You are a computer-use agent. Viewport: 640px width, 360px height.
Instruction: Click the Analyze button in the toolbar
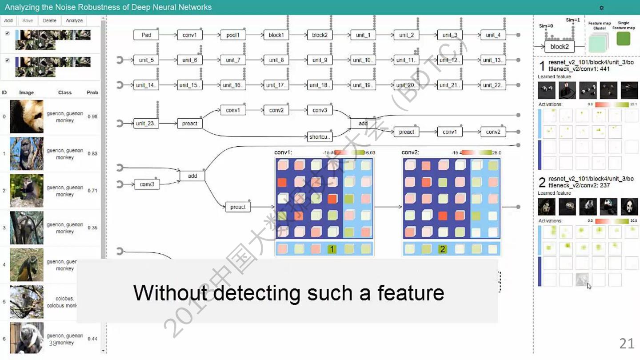74,20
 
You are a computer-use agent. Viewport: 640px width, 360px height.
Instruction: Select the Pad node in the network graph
146,35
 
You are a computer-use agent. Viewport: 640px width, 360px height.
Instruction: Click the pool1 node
232,35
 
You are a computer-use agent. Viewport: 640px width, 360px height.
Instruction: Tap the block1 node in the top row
276,35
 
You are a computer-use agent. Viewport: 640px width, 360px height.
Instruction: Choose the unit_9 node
320,60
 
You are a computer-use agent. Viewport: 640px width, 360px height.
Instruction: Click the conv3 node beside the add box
147,184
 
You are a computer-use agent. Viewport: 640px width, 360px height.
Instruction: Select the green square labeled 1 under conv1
332,249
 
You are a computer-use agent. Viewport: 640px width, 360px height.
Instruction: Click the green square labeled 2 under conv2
442,249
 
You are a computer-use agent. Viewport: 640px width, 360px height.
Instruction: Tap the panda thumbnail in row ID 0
27,116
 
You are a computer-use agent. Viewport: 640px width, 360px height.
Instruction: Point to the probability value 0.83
92,154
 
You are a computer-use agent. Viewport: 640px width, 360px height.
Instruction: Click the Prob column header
92,92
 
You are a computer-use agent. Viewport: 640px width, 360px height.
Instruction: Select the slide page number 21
627,343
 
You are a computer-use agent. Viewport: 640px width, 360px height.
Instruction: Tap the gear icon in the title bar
602,8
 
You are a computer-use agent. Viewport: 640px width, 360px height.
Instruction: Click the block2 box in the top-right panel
560,46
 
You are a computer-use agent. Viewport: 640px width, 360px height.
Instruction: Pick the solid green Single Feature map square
624,39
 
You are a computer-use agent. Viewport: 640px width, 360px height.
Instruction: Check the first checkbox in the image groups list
7,33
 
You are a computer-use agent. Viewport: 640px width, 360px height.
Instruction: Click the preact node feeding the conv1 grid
238,207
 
